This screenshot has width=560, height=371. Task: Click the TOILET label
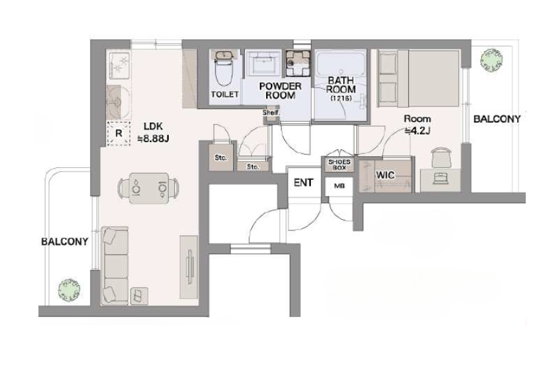pos(225,94)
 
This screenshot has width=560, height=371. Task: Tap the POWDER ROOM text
pos(281,91)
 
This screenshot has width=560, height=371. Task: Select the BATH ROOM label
pos(341,85)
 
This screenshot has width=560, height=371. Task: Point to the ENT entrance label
pos(303,183)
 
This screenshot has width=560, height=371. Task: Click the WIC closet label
pos(385,175)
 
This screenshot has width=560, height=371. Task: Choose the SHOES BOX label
pos(339,164)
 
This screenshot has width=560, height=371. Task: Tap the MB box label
pos(339,186)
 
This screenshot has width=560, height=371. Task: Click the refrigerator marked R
pos(118,134)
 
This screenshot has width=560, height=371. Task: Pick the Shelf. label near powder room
pos(272,113)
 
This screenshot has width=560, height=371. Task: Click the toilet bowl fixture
pos(224,69)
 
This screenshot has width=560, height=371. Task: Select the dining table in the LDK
pos(148,188)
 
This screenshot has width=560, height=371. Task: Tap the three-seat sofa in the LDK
pos(115,266)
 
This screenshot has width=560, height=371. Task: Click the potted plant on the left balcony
pos(69,289)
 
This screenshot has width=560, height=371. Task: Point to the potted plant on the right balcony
pos(491,59)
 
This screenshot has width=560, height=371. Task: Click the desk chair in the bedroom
pos(442,157)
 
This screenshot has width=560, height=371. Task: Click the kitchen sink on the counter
pos(118,101)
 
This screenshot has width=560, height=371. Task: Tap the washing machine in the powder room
pos(297,64)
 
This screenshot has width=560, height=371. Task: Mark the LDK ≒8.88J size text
pos(153,132)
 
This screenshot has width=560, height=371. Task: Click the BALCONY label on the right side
pos(497,119)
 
